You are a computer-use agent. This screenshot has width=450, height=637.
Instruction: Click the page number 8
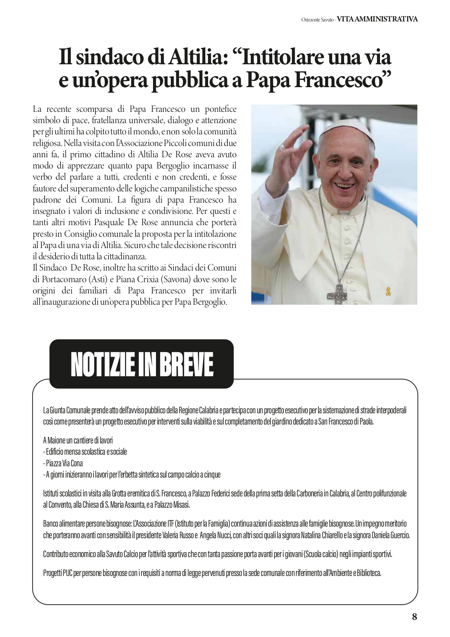pyautogui.click(x=414, y=617)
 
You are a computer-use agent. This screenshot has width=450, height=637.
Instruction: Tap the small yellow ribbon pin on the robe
pyautogui.click(x=388, y=291)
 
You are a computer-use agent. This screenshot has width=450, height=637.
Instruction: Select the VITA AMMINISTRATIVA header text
pyautogui.click(x=377, y=19)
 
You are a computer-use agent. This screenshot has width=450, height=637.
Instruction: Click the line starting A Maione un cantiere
pyautogui.click(x=78, y=441)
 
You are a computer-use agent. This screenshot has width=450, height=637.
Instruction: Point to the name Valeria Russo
pyautogui.click(x=179, y=535)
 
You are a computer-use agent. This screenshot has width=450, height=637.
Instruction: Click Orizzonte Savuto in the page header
pyautogui.click(x=317, y=20)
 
